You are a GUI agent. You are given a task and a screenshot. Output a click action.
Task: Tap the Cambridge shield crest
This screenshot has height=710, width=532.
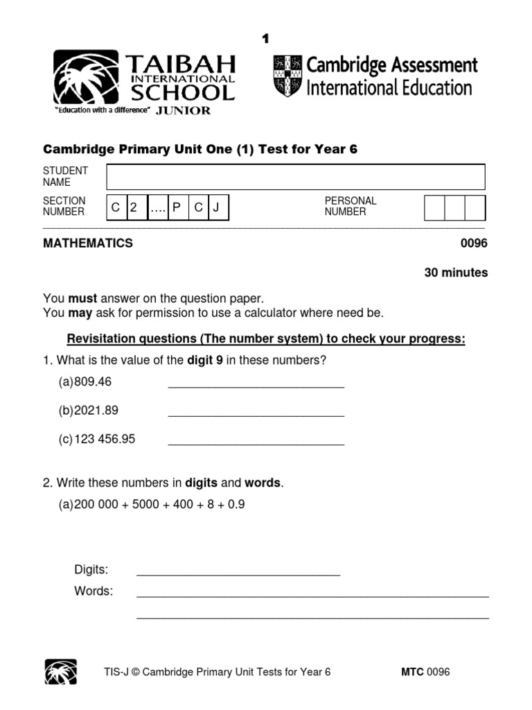click(x=287, y=76)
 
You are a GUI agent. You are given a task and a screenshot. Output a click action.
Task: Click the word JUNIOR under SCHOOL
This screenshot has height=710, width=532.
click(x=184, y=110)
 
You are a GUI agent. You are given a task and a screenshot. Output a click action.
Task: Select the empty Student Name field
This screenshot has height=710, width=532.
click(x=296, y=177)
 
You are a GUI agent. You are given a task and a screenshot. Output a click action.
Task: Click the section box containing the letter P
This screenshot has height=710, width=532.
click(x=176, y=207)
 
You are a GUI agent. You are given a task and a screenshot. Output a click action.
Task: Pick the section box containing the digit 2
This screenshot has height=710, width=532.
click(x=135, y=207)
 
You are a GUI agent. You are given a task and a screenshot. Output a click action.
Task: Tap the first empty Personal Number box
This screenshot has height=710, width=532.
click(x=434, y=208)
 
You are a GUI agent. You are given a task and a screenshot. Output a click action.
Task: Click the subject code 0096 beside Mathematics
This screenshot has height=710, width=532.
click(x=474, y=243)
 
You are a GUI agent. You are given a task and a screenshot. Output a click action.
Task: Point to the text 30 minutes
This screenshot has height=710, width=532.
click(x=456, y=272)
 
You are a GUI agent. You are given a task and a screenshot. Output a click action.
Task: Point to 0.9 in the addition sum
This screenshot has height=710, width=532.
click(x=236, y=505)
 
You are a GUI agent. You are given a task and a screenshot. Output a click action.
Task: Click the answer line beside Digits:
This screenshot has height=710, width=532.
click(x=238, y=574)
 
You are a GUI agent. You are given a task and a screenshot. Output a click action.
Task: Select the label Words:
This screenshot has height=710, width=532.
click(x=93, y=591)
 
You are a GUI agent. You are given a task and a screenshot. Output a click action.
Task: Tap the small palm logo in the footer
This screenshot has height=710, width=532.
click(x=61, y=672)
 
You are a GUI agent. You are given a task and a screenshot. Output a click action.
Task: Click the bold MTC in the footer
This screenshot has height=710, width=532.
click(x=412, y=672)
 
